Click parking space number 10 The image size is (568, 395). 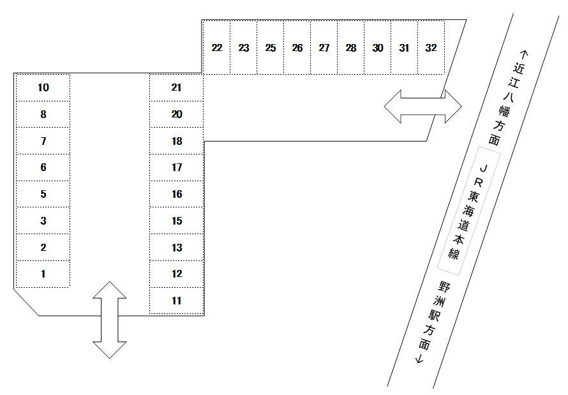tap(43, 87)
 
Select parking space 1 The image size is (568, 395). tap(43, 274)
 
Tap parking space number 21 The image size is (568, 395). tap(177, 87)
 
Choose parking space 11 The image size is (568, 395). tap(177, 301)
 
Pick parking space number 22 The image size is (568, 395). tap(217, 48)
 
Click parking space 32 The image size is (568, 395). tap(431, 48)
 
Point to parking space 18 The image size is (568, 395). tap(177, 141)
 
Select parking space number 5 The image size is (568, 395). tap(43, 194)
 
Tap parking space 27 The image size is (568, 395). tap(324, 48)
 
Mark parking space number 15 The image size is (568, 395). tap(177, 221)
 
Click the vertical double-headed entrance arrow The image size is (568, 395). tap(110, 320)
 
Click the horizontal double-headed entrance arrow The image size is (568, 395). tap(422, 106)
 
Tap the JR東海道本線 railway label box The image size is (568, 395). tap(470, 211)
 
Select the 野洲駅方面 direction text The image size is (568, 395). tap(431, 322)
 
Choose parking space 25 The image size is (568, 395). tap(271, 48)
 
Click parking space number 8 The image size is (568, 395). tap(43, 114)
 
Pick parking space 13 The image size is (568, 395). tap(177, 248)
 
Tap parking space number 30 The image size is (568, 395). tap(378, 48)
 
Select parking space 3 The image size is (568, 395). tap(43, 221)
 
